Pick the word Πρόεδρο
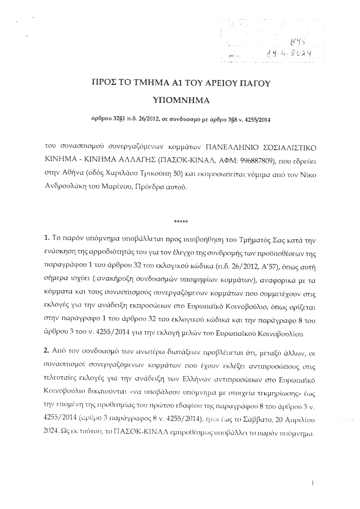(x=150, y=187)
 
